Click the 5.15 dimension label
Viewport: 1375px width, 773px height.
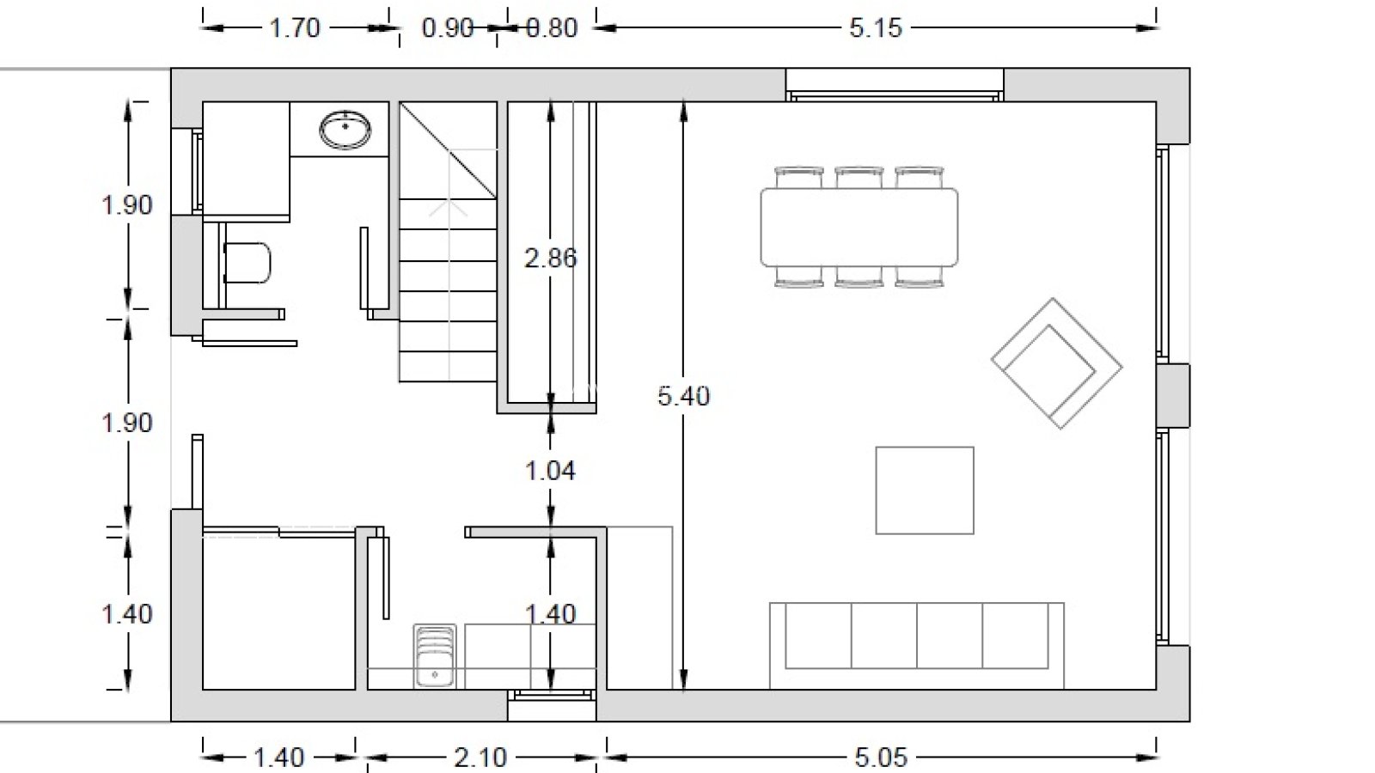pos(876,28)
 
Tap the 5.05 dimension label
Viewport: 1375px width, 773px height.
pos(881,758)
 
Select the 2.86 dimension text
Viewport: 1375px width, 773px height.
pos(551,259)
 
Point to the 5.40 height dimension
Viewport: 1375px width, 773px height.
pos(684,396)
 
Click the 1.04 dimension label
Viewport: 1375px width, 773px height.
pos(551,472)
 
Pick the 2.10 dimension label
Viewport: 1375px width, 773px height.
pos(480,758)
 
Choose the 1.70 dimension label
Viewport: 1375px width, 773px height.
pos(296,28)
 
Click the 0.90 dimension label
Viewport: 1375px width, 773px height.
pos(448,28)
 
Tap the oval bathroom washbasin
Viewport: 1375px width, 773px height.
pos(345,130)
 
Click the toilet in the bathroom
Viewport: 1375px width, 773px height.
pos(247,263)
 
